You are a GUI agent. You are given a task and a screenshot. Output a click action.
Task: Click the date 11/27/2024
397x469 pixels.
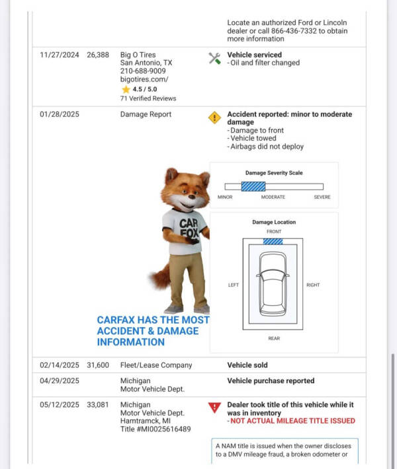coord(60,55)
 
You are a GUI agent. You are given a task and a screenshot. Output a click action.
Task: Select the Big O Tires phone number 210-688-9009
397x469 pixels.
coord(143,71)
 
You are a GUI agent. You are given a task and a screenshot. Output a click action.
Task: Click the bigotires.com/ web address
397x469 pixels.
coord(144,79)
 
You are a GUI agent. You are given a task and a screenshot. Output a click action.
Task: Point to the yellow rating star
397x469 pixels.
coord(126,89)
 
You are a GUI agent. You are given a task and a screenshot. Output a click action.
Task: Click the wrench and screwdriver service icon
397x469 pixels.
coord(214,58)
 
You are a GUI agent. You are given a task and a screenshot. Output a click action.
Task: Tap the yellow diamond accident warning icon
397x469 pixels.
coord(214,118)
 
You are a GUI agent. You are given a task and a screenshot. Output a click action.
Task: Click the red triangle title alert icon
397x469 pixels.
coord(214,408)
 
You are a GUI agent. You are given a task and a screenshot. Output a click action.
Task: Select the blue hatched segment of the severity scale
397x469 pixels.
coord(253,187)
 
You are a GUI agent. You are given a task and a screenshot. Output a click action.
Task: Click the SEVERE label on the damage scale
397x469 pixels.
coord(322,197)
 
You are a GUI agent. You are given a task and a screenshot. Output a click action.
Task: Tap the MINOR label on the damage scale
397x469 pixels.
coord(225,197)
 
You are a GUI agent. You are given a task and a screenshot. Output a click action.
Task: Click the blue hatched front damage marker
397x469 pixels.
coord(273,242)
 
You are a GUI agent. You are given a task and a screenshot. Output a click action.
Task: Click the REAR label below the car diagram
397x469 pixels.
coord(274,338)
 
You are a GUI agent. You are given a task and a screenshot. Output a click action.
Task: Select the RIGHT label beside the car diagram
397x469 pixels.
coord(313,285)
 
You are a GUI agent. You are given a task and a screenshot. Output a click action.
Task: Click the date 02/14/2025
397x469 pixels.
coord(60,365)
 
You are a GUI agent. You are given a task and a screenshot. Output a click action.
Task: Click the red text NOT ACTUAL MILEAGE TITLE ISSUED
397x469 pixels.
coord(291,421)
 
